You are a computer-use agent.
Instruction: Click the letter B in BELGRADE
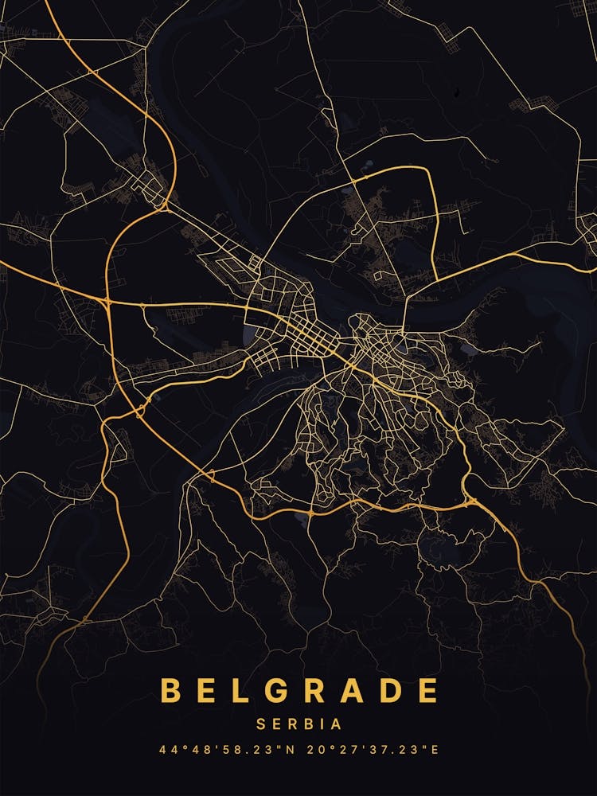(x=170, y=691)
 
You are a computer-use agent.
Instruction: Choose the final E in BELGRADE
(x=428, y=691)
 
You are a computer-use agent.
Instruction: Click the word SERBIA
(x=298, y=724)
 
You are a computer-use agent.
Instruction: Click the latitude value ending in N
(x=223, y=750)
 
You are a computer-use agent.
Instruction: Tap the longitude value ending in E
(x=375, y=750)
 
